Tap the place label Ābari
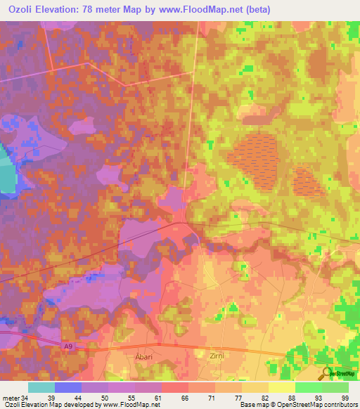tap(144, 357)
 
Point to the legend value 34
tap(26, 397)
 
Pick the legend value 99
tap(344, 397)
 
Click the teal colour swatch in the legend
tap(41, 387)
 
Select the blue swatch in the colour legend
tap(68, 387)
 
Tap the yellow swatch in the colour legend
tap(282, 387)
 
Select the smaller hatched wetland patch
tap(309, 181)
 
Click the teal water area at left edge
tap(6, 169)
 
